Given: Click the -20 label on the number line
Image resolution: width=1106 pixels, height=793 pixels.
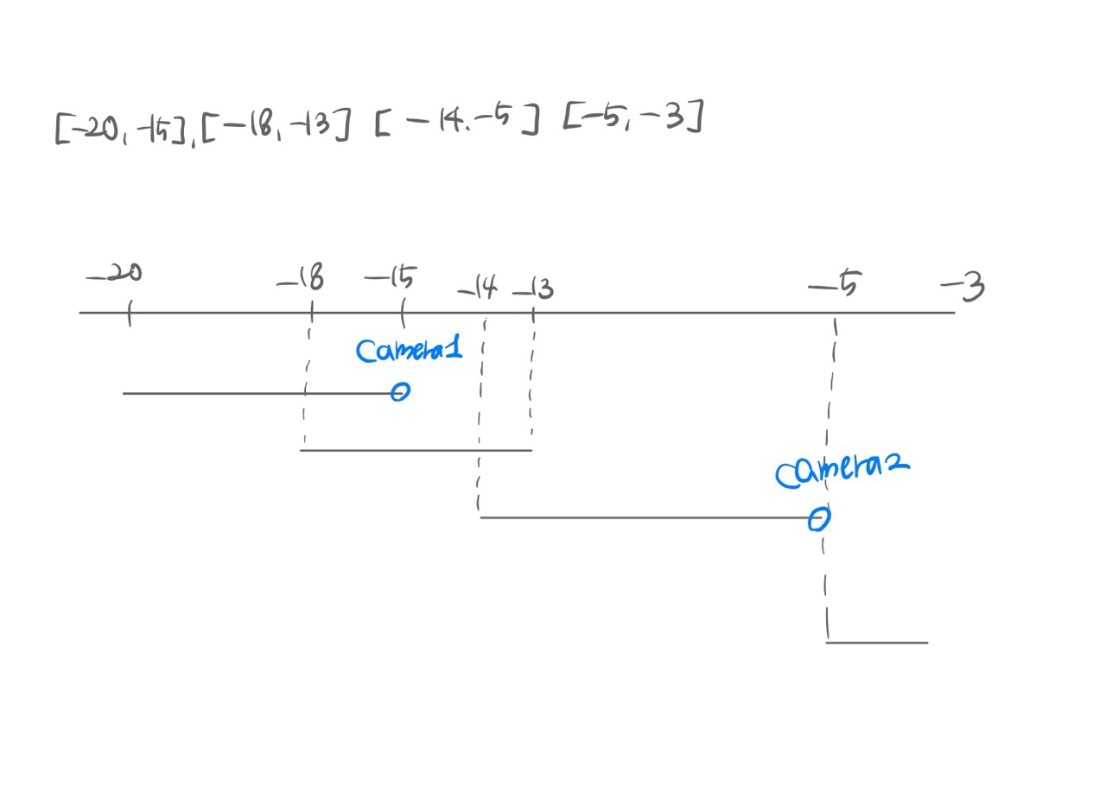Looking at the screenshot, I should (x=115, y=274).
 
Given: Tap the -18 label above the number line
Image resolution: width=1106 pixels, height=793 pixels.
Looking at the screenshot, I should (x=302, y=279).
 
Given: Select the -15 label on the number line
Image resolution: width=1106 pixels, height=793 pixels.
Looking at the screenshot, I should (x=391, y=278).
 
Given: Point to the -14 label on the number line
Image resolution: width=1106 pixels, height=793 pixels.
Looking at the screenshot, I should (x=479, y=287).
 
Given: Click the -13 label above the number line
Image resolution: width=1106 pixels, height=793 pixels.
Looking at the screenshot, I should (x=534, y=289).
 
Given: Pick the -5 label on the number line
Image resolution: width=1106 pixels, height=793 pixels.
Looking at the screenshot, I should (x=836, y=284).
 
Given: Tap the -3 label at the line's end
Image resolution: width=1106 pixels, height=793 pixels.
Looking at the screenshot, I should (x=963, y=286).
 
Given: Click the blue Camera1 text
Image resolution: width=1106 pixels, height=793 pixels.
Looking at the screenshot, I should (x=409, y=350).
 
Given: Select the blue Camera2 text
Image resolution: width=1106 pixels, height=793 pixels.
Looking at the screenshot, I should (x=842, y=470).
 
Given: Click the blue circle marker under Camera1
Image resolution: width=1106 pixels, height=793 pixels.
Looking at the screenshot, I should (x=399, y=392).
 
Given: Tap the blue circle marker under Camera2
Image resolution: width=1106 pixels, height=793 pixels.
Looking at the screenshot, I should (x=818, y=518).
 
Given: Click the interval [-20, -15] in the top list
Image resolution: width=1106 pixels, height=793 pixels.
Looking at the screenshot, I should (x=124, y=129).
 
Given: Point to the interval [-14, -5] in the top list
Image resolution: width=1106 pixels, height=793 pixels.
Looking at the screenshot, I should (x=458, y=122).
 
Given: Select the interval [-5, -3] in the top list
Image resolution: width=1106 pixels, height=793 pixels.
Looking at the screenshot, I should (x=633, y=117).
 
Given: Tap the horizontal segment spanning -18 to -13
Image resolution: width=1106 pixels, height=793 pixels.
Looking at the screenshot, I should (x=416, y=450).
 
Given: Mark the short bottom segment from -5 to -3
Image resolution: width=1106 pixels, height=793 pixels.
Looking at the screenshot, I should (x=877, y=642).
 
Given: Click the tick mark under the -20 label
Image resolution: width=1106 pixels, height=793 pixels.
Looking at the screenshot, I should (x=129, y=313).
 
